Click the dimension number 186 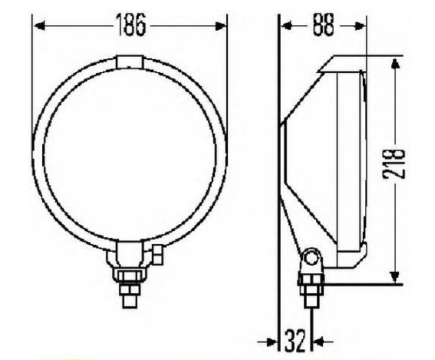coord(131,26)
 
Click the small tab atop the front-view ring coord(130,60)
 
